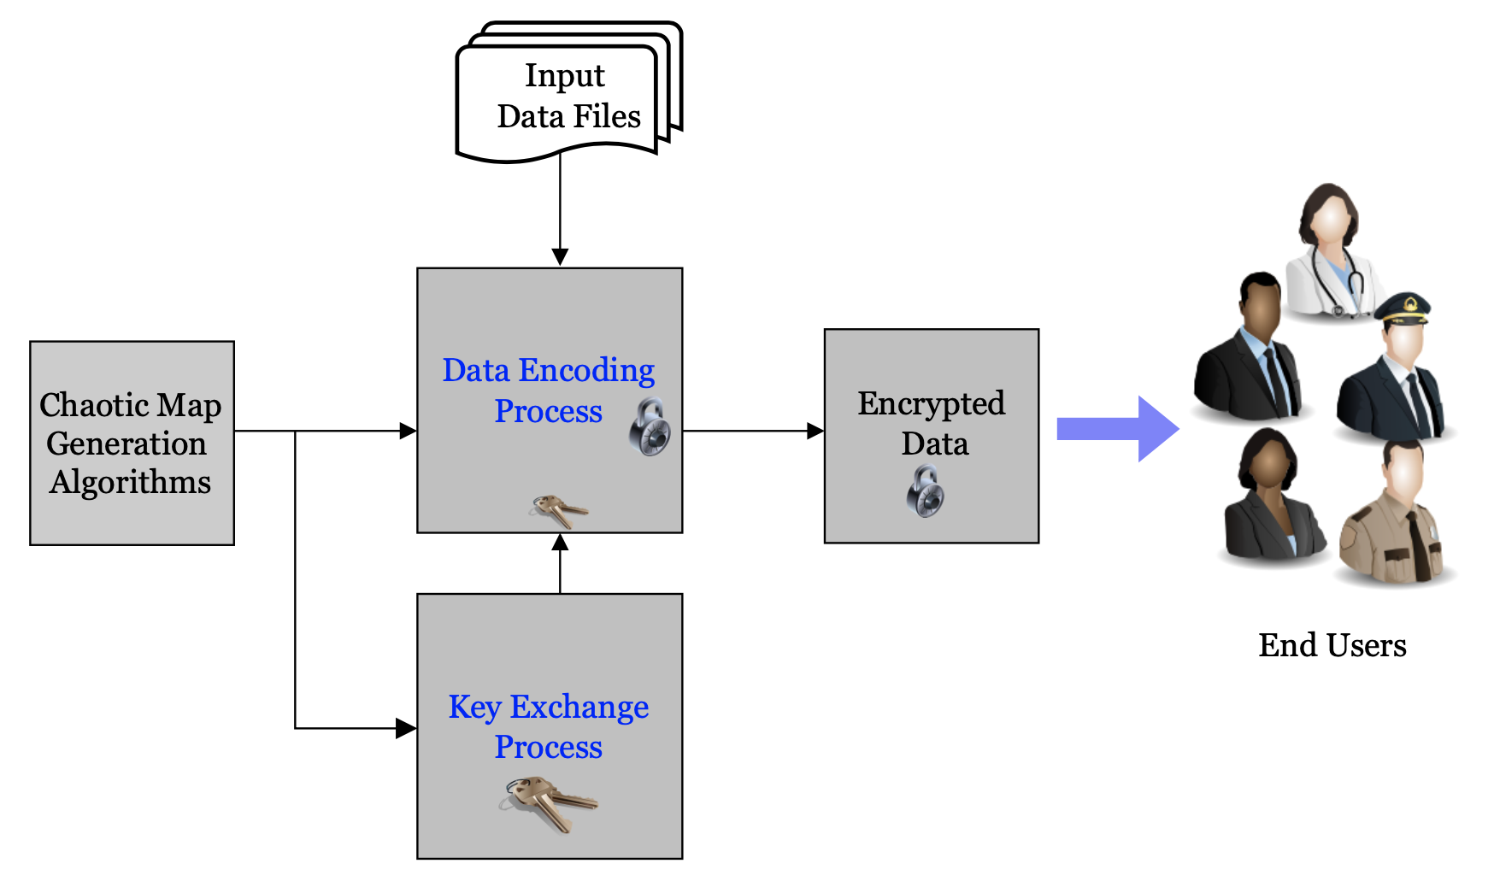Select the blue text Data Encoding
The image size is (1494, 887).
point(548,370)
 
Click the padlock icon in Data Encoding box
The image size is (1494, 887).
point(650,426)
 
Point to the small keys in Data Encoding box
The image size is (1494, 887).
point(558,510)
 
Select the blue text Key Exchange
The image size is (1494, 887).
point(548,707)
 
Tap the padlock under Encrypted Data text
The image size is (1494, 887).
point(925,491)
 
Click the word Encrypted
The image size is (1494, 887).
point(931,403)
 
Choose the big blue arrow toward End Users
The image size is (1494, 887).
point(1115,429)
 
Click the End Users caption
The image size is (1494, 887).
point(1332,645)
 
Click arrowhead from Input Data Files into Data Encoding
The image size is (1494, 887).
point(560,257)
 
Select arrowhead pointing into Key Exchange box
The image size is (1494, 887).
point(406,728)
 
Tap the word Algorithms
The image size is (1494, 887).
point(130,483)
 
